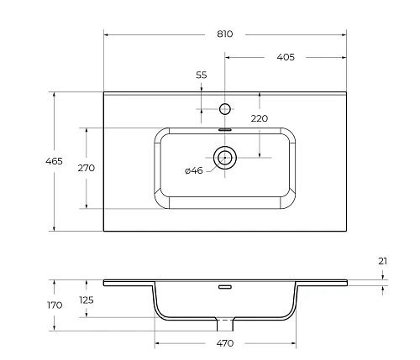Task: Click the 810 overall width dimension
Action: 224,34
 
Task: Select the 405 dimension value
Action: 285,58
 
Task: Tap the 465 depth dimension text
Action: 54,161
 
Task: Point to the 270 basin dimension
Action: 86,168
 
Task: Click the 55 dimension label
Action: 202,76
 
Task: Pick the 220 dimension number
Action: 259,119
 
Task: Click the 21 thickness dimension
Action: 383,262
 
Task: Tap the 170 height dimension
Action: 54,305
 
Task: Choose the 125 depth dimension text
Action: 86,300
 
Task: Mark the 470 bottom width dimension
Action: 224,343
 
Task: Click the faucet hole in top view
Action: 224,108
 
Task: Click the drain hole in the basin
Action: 224,157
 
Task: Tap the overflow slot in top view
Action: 224,130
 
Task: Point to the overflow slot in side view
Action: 224,287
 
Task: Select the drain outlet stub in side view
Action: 224,323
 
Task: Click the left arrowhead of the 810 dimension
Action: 107,34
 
